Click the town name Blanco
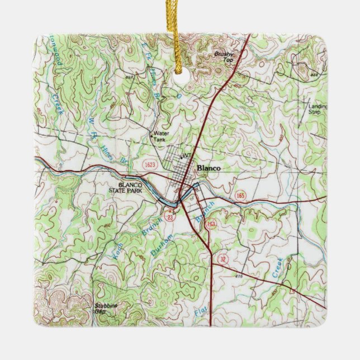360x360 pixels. (209, 168)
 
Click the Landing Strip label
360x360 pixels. (318, 109)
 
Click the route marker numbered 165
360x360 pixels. (241, 196)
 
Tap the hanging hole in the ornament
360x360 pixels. (179, 78)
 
